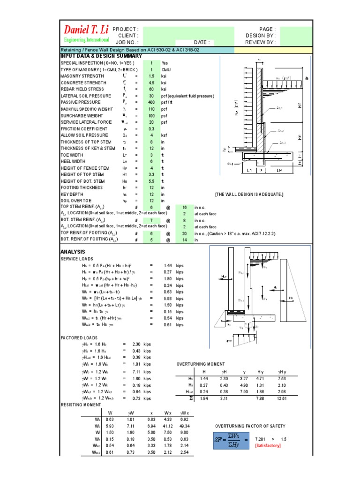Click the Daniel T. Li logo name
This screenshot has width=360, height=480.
(86, 30)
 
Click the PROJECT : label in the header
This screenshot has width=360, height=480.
(126, 29)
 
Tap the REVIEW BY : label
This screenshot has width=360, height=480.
(260, 42)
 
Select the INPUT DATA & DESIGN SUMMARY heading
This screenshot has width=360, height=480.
(101, 56)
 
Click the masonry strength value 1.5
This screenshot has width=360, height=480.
(151, 76)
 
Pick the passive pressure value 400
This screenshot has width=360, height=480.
(151, 102)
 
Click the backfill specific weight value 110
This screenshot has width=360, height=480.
(151, 109)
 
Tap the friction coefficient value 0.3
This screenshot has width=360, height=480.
(151, 129)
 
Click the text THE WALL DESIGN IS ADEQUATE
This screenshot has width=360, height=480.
(249, 194)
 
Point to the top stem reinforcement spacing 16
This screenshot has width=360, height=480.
(184, 207)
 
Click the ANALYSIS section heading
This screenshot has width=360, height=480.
(73, 252)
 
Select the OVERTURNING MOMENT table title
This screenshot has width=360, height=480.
(201, 364)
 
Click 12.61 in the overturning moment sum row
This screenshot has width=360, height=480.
(281, 399)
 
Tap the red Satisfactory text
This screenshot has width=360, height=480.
(268, 445)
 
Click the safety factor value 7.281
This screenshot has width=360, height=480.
(260, 439)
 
